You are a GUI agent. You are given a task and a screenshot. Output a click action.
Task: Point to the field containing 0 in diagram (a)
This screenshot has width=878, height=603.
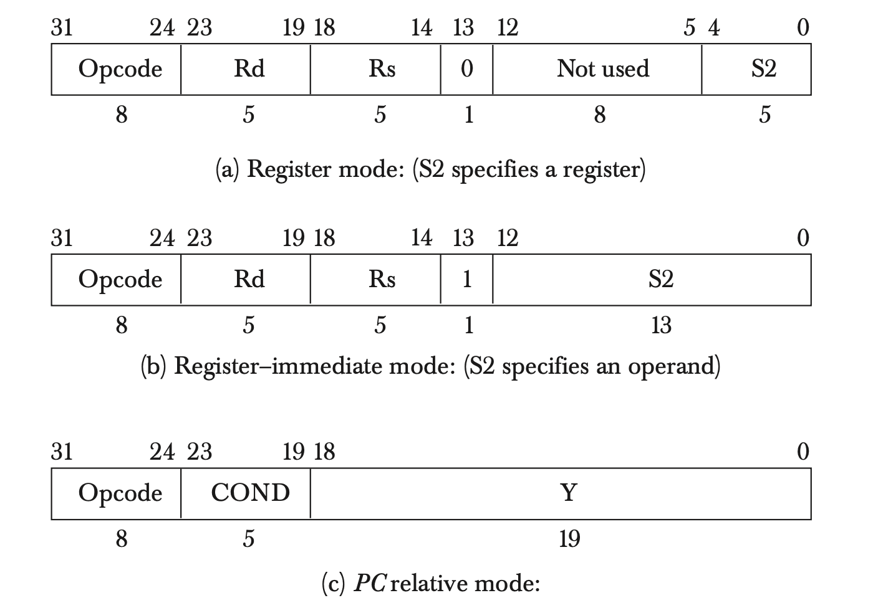click(x=466, y=69)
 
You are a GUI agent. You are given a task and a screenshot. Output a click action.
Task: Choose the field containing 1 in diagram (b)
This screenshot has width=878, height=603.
click(x=466, y=280)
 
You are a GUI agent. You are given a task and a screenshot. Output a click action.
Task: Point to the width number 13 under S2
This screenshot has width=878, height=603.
click(x=660, y=325)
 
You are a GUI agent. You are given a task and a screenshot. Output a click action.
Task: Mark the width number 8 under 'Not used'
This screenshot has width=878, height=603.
click(x=599, y=115)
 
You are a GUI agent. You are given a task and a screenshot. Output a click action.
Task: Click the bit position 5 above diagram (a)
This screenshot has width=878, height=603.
click(x=689, y=28)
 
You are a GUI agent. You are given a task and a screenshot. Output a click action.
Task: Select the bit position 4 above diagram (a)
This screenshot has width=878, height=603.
click(x=714, y=28)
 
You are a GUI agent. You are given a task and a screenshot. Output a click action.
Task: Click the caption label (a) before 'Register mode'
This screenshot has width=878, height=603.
click(x=228, y=169)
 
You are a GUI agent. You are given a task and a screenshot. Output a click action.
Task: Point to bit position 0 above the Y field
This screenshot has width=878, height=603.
click(x=803, y=452)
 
